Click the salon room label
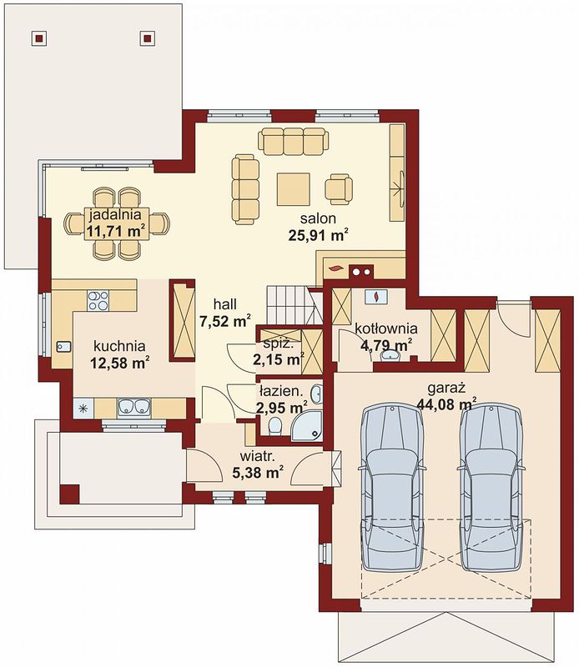click(318, 218)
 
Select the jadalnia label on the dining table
click(115, 214)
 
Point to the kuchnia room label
click(119, 346)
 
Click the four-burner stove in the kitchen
click(98, 300)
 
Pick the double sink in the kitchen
click(134, 407)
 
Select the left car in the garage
click(392, 488)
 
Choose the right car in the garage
click(491, 488)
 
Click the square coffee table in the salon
click(294, 189)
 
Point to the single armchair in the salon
click(339, 189)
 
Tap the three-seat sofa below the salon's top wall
click(294, 141)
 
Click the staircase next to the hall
click(294, 305)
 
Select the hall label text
click(224, 304)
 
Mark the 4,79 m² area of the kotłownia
click(386, 344)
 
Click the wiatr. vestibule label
click(258, 457)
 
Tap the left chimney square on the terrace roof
click(38, 38)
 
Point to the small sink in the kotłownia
click(390, 355)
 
